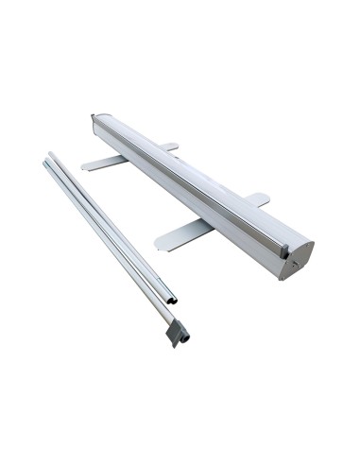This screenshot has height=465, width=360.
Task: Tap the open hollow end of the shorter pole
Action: (x=171, y=301)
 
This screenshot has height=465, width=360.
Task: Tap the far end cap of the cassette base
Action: (x=94, y=121)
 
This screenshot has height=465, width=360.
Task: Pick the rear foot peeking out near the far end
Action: (x=167, y=146)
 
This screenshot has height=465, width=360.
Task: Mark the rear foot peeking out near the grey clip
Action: (x=257, y=198)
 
